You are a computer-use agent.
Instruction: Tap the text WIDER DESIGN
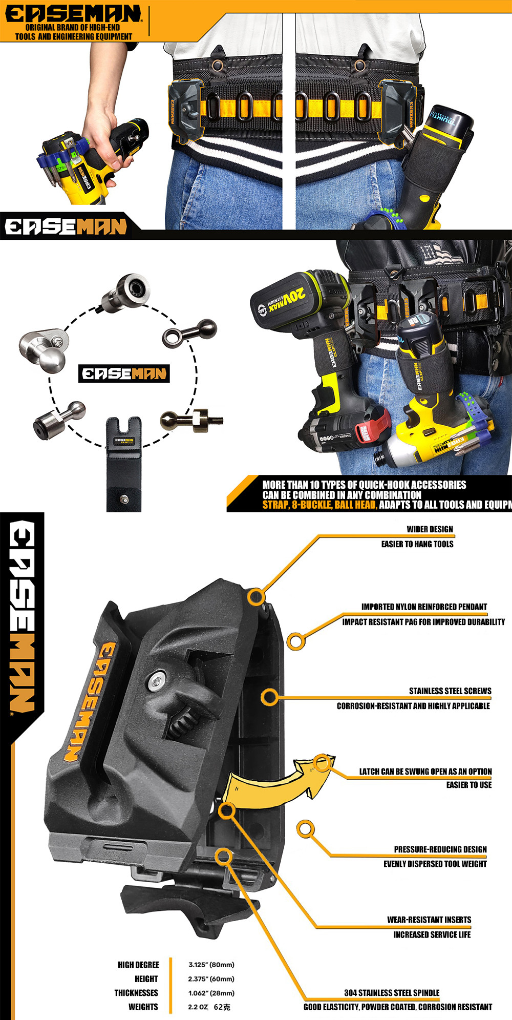[x=430, y=529]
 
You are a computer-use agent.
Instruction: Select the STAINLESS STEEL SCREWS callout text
[x=450, y=691]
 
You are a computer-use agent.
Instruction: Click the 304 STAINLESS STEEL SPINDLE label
[x=392, y=992]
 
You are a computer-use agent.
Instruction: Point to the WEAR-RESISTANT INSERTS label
[x=429, y=920]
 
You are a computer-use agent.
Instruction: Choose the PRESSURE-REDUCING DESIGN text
[x=440, y=849]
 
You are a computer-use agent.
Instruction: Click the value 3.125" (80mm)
[x=211, y=965]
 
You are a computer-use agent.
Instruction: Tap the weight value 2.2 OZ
[x=198, y=1007]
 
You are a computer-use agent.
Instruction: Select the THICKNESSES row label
[x=136, y=993]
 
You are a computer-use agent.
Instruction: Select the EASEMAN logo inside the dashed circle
[x=124, y=373]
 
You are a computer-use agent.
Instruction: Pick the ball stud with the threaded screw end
[x=191, y=420]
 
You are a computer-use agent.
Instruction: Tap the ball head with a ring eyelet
[x=190, y=332]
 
